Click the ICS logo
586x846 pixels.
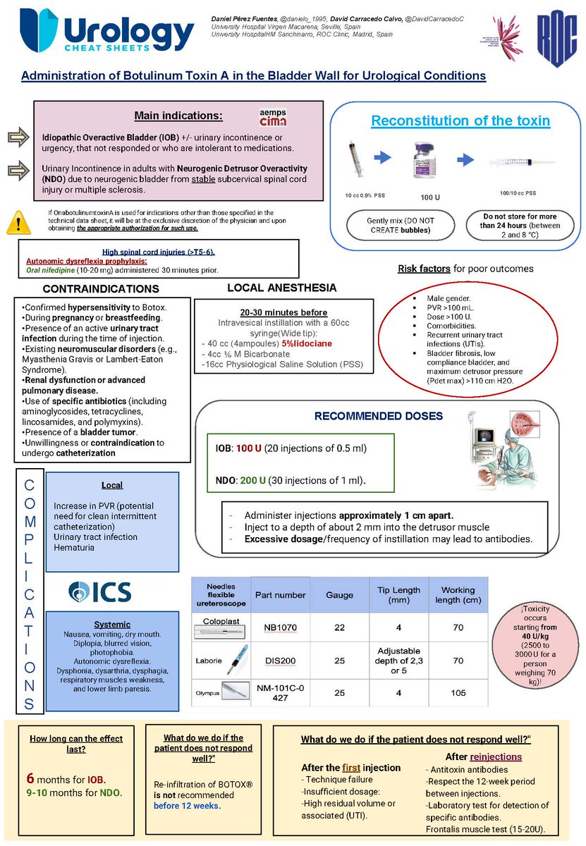98,590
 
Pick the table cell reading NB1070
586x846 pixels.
279,625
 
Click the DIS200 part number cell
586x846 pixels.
279,661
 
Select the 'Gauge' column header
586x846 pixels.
339,595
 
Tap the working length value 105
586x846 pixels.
458,693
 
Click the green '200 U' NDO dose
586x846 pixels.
253,481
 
